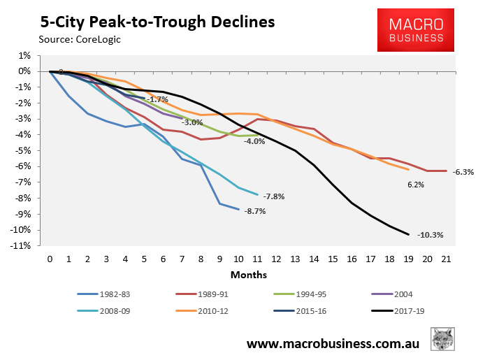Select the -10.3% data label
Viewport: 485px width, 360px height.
point(430,235)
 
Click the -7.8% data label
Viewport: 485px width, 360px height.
point(275,196)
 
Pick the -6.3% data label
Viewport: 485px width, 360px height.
point(463,171)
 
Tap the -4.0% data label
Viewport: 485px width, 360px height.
point(254,141)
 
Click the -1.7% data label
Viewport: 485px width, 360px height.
point(157,99)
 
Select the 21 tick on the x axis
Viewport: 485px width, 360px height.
point(445,259)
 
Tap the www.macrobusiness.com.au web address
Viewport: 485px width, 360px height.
point(342,345)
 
